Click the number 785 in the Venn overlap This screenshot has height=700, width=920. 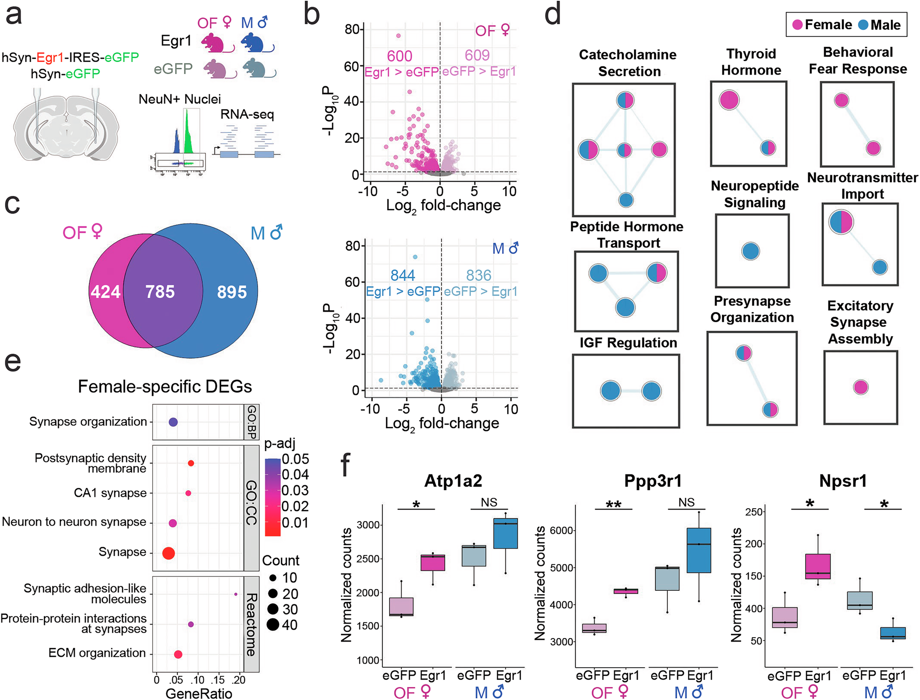(160, 292)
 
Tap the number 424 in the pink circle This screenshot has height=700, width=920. (105, 292)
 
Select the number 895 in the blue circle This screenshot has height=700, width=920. (232, 292)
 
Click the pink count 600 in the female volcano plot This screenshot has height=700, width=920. (399, 56)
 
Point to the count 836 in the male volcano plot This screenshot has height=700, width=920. (478, 275)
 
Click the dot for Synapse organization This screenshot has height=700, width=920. (173, 422)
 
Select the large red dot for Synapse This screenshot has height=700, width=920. (168, 553)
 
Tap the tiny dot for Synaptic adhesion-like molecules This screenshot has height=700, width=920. (236, 594)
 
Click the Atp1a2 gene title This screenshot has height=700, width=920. (453, 481)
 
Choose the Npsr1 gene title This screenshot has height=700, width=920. (843, 481)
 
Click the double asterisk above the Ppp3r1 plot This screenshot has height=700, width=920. (613, 505)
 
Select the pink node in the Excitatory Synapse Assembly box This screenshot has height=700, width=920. (861, 387)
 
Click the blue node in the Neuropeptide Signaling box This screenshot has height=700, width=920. (750, 251)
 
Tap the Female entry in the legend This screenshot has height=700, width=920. (822, 25)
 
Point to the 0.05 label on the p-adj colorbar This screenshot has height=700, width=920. (295, 459)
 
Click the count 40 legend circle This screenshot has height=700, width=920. (273, 625)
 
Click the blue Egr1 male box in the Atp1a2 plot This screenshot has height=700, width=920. (505, 533)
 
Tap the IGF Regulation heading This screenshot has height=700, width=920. (628, 343)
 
